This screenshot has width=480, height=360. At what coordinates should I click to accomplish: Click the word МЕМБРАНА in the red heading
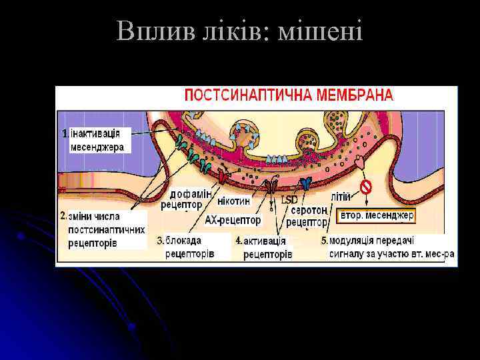click(355, 95)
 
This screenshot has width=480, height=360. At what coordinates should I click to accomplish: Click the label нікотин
click(234, 201)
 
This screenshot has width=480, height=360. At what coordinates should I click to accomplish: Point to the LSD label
click(289, 200)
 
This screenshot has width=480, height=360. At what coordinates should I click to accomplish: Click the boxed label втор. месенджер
click(377, 215)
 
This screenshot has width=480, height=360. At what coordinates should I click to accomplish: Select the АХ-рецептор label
click(233, 219)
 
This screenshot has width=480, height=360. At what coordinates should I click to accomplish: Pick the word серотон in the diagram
click(309, 209)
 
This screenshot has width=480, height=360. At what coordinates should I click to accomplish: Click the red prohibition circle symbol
click(365, 187)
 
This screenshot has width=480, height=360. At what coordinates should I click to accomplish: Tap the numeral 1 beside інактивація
click(65, 133)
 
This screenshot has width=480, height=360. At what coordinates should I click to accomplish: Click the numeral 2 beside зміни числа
click(63, 216)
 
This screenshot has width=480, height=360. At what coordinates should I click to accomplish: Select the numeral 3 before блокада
click(161, 239)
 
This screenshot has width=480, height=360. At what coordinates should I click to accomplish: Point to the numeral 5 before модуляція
click(324, 240)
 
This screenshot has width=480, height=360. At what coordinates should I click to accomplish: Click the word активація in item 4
click(265, 241)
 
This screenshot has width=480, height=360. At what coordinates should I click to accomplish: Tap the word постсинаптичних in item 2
click(107, 229)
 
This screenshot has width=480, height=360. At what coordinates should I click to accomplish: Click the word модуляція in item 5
click(358, 240)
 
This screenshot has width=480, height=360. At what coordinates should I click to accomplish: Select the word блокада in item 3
click(183, 240)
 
